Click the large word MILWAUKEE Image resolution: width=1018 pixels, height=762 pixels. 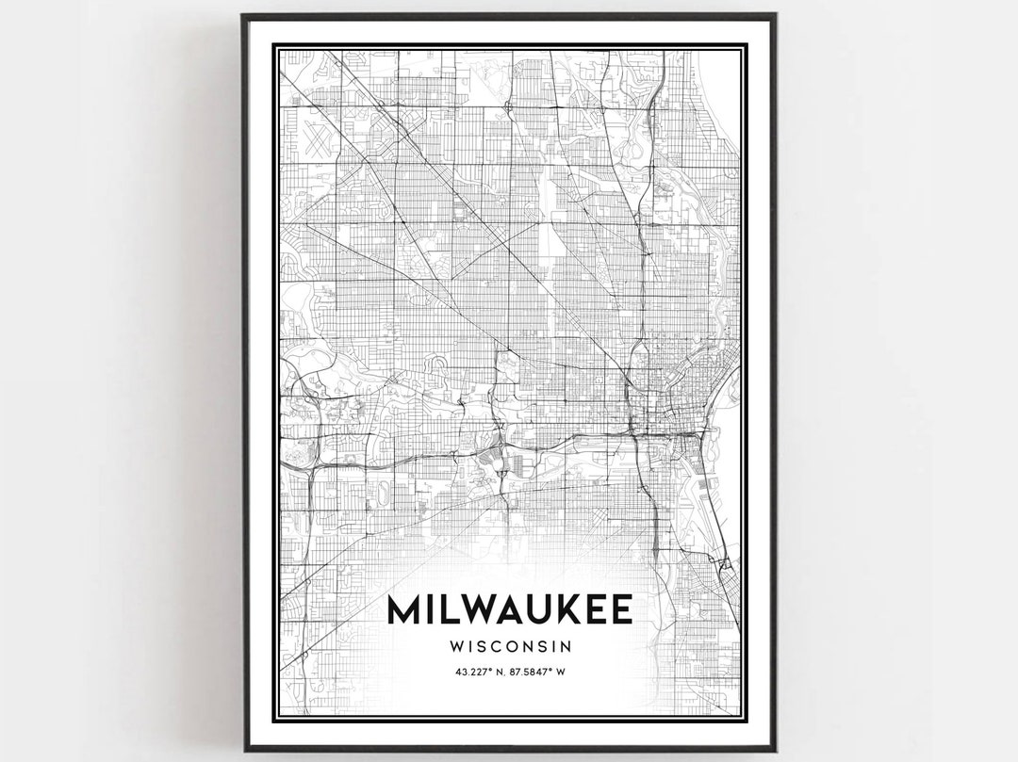pyautogui.click(x=509, y=610)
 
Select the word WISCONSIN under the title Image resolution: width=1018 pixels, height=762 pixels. pyautogui.click(x=510, y=647)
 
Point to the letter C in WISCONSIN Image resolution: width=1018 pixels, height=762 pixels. pyautogui.click(x=499, y=647)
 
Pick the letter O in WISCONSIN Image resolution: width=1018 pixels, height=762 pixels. pyautogui.click(x=516, y=647)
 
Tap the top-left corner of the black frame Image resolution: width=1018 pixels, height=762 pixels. pyautogui.click(x=243, y=15)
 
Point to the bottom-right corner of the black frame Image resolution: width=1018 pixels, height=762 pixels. pyautogui.click(x=775, y=749)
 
